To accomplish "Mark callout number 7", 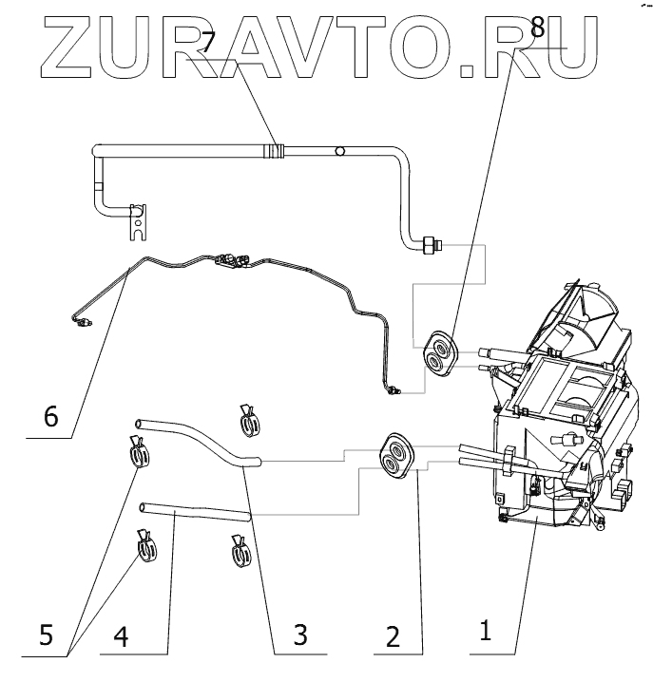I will (208, 41).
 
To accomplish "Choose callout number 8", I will (538, 28).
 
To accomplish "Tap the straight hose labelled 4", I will (194, 513).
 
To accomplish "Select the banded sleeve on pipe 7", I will (276, 149).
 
